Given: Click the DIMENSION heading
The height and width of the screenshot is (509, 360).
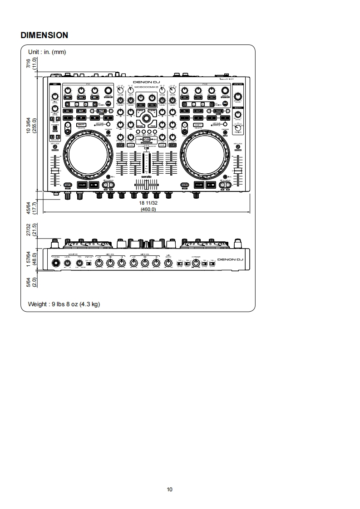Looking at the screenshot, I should pos(44,35).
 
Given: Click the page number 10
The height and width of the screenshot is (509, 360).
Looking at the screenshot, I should pos(170,489).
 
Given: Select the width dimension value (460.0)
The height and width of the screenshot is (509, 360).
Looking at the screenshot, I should pos(148,209).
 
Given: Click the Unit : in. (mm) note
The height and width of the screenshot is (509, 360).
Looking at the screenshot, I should pos(47,52).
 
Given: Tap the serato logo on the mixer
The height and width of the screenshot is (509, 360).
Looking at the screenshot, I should pos(146,174).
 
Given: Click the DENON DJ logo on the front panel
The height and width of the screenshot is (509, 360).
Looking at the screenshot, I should pos(230,260).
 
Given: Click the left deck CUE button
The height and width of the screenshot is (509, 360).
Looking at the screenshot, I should pos(82,185).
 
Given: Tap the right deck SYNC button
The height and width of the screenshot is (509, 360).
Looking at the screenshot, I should pos(185,185).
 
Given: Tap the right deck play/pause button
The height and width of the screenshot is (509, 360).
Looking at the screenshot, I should pos(211,185).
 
